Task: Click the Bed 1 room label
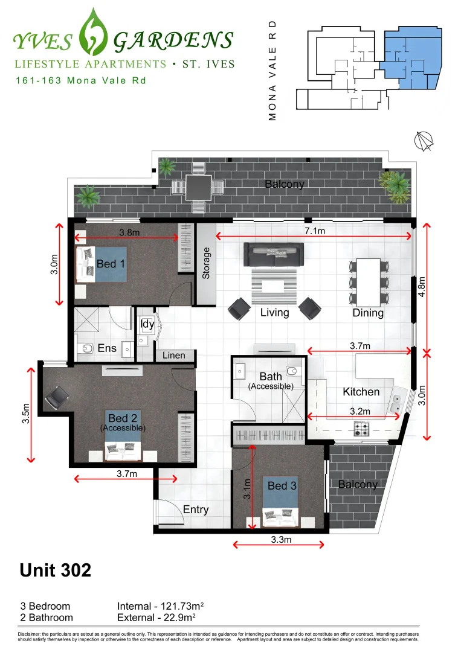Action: click(111, 264)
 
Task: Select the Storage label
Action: click(206, 263)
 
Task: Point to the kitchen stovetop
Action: click(361, 429)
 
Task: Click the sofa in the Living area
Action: click(273, 254)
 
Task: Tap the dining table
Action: click(368, 282)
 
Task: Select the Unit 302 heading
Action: click(56, 570)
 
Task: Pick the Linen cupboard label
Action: click(174, 356)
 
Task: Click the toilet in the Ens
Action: click(86, 348)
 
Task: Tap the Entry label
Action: click(195, 510)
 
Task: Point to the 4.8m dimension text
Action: click(422, 287)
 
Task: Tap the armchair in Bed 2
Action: click(58, 396)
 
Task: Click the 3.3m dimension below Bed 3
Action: click(280, 540)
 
